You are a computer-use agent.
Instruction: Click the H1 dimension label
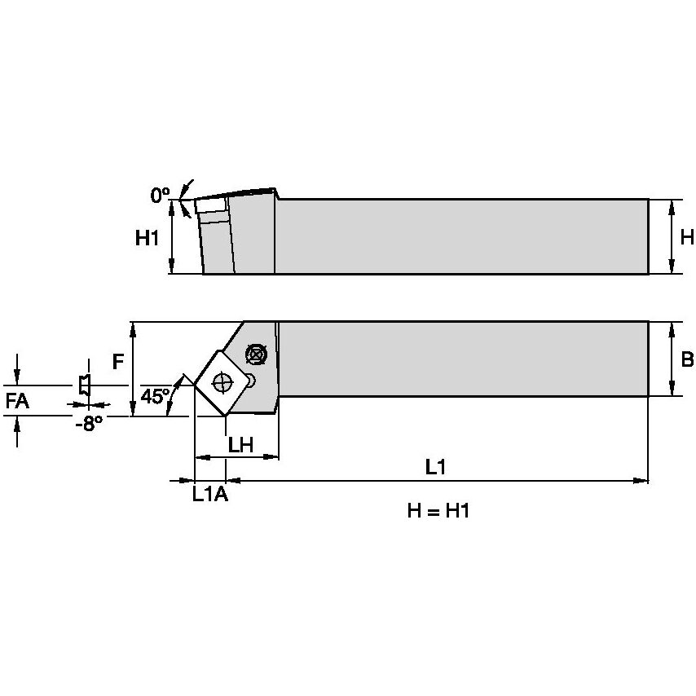click(148, 238)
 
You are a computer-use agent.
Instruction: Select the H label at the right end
click(686, 237)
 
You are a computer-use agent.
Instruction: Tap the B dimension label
click(686, 359)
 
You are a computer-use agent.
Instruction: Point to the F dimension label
click(120, 361)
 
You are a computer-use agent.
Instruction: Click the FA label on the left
click(17, 401)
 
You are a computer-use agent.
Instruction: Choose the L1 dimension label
click(437, 468)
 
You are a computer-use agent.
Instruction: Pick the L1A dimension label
click(209, 494)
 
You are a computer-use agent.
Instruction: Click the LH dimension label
click(241, 444)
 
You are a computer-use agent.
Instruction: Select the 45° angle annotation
click(155, 397)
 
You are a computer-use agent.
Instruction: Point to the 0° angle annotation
click(159, 195)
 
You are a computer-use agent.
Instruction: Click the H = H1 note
click(438, 511)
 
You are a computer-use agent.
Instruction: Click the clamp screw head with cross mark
click(256, 355)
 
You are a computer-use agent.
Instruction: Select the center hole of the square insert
click(222, 381)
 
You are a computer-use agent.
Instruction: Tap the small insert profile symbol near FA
click(83, 385)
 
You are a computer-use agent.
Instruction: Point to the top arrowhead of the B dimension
click(670, 327)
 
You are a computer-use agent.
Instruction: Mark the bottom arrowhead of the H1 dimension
click(172, 269)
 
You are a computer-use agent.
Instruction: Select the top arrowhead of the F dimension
click(133, 328)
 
